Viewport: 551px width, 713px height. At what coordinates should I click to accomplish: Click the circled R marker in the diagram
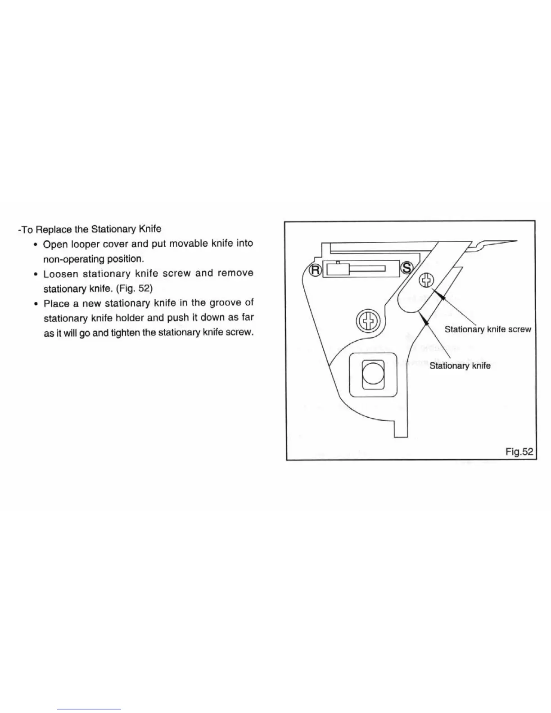point(315,270)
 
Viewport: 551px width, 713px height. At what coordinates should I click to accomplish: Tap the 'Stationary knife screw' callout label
point(488,329)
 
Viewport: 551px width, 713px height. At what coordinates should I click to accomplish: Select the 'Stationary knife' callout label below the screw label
point(460,366)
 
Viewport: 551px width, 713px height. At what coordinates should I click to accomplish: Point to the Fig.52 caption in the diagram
point(519,451)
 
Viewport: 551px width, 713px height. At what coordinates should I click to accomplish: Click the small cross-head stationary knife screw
point(426,280)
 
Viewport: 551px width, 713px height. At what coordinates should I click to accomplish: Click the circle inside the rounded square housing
point(373,374)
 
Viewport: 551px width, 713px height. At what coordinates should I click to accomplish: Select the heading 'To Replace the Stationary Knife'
point(90,229)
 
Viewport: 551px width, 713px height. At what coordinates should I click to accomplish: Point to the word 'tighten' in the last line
point(132,333)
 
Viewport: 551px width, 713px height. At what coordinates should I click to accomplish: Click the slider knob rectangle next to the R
point(337,269)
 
